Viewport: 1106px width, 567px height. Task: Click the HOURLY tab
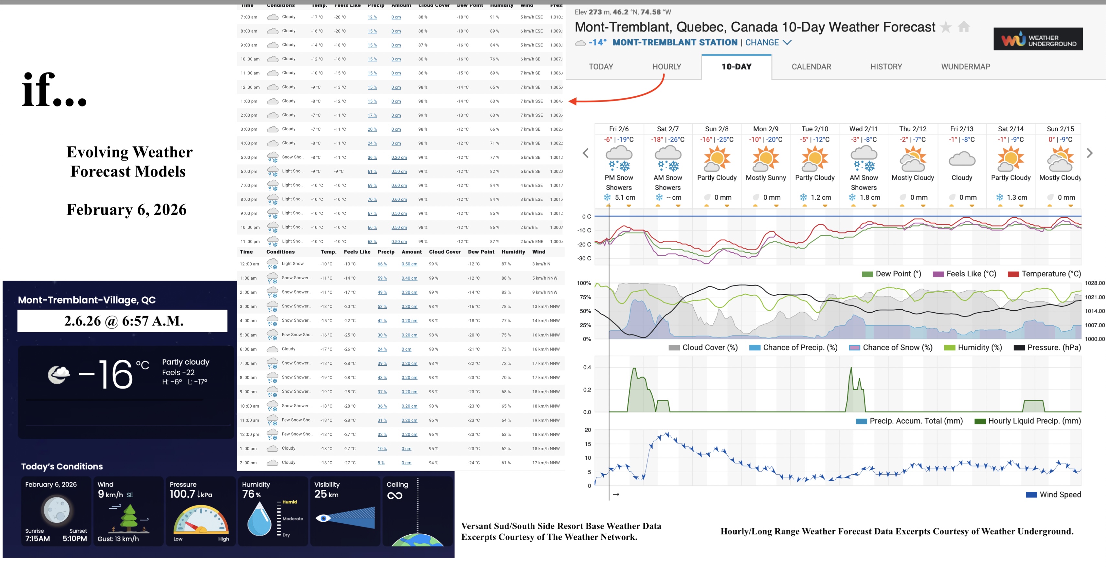click(666, 67)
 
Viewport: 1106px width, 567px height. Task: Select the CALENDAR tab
click(811, 67)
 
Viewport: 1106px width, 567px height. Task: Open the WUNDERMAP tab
click(965, 67)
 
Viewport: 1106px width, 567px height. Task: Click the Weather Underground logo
click(1037, 39)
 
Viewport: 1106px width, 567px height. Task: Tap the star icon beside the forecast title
click(945, 27)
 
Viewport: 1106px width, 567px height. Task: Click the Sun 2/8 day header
click(717, 129)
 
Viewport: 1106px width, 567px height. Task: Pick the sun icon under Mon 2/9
click(765, 158)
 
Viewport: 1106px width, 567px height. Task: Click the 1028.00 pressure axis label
click(1094, 283)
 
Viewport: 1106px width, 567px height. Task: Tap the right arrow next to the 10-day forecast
click(1089, 153)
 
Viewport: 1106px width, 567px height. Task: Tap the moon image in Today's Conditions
click(56, 510)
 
